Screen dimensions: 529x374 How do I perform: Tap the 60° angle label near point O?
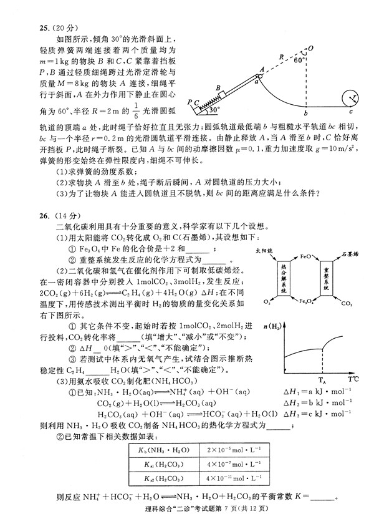[x=300, y=61]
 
